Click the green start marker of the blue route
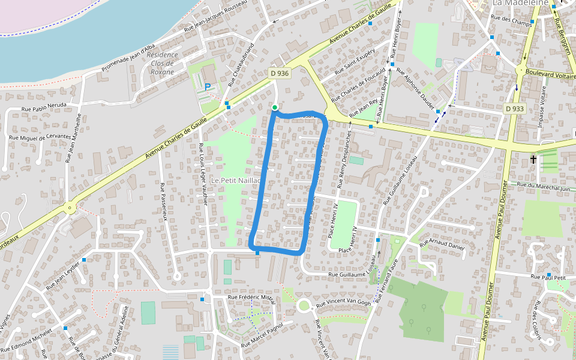click(x=275, y=107)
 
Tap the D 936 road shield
click(x=279, y=73)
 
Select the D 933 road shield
click(x=515, y=109)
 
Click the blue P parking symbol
click(x=208, y=87)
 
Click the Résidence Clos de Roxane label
click(x=162, y=63)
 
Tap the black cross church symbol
click(x=533, y=160)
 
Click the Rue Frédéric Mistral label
click(x=251, y=297)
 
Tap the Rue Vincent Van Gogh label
click(x=344, y=304)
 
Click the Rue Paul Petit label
click(x=548, y=277)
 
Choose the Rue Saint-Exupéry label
click(x=355, y=61)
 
